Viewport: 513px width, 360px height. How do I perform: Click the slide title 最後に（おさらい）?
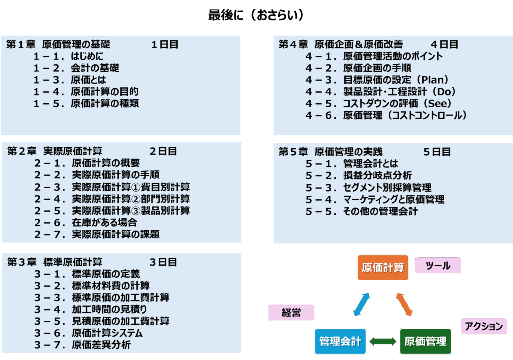click(x=256, y=16)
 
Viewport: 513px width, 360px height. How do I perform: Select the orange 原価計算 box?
click(x=383, y=267)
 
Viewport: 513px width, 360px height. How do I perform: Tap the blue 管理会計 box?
click(x=340, y=342)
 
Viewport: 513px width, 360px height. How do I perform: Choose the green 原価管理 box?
click(x=425, y=342)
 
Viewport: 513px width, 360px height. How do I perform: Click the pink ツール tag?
click(x=438, y=266)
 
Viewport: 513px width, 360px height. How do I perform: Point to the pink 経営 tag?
click(x=291, y=313)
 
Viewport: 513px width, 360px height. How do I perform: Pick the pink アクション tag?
click(x=483, y=327)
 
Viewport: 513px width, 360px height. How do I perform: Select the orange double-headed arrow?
click(x=404, y=304)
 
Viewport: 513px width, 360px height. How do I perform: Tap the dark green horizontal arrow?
click(x=383, y=342)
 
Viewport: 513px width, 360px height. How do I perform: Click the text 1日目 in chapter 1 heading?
click(x=165, y=44)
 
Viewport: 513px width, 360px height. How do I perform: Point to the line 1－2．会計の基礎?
click(x=76, y=68)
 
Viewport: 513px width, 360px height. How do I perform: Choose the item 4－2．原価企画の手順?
click(x=358, y=68)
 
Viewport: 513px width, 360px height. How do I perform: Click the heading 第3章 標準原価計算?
click(x=55, y=262)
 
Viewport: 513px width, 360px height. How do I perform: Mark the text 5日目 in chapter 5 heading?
click(x=437, y=151)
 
